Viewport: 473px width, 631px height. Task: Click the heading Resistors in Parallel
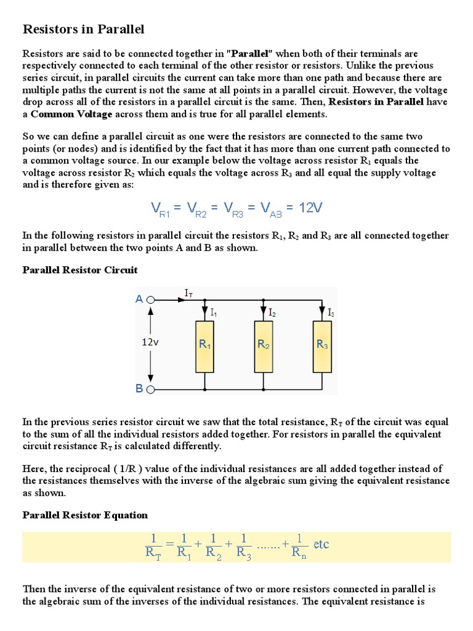coord(83,29)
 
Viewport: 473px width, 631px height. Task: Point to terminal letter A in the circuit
coord(139,299)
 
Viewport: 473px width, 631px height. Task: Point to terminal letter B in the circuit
coord(139,389)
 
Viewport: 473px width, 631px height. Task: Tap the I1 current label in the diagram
coord(214,313)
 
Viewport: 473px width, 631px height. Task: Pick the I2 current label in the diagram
coord(272,313)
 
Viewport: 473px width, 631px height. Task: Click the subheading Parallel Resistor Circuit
coord(80,270)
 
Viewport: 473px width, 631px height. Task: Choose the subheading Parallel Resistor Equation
coord(85,515)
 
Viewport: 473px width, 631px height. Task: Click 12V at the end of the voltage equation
coord(310,208)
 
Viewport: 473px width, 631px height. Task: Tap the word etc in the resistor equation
coord(321,544)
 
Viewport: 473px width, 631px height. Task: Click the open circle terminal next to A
coord(152,300)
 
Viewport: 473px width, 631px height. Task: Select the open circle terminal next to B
coord(152,389)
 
